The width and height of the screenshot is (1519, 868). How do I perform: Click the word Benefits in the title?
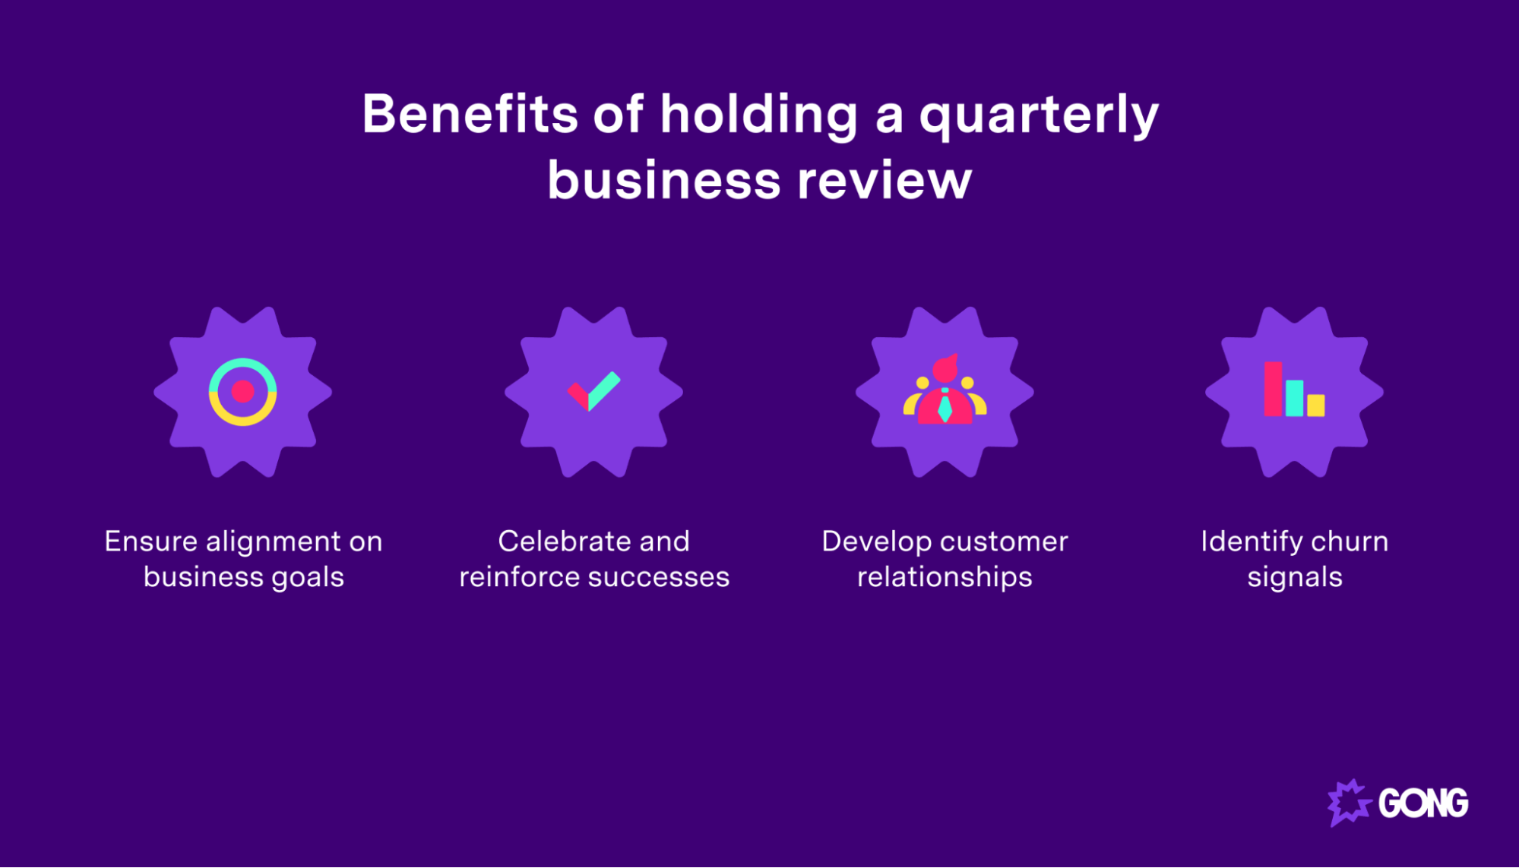[470, 115]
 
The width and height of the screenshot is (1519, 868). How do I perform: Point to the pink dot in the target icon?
[242, 392]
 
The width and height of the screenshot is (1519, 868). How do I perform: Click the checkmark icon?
[594, 391]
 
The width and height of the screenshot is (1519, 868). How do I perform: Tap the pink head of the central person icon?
[945, 370]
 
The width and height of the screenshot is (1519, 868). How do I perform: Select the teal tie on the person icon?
[945, 408]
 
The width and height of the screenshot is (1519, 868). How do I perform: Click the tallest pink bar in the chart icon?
[1273, 389]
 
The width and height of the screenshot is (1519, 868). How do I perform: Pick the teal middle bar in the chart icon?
[1294, 398]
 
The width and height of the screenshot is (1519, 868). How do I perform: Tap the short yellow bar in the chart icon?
[1315, 405]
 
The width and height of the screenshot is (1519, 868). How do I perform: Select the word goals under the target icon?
[308, 578]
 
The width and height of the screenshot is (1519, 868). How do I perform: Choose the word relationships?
[945, 578]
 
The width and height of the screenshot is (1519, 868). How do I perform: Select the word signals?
[1294, 578]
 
